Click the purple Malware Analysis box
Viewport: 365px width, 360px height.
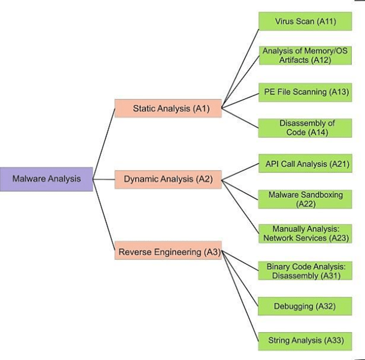pos(46,179)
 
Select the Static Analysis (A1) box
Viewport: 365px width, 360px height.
pos(168,108)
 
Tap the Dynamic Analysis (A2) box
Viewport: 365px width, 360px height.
pos(168,179)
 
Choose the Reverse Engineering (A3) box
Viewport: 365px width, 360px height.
pos(168,252)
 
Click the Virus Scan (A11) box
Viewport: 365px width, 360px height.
pos(305,21)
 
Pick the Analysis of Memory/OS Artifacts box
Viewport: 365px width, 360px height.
pos(305,56)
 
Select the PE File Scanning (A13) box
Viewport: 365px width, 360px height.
pos(305,92)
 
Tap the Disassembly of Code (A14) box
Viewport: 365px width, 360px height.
pos(305,128)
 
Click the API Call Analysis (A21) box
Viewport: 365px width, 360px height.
pos(305,164)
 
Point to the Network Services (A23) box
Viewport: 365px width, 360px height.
pos(305,234)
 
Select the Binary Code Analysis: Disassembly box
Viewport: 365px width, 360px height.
pos(305,271)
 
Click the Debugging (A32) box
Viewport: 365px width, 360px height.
pos(305,306)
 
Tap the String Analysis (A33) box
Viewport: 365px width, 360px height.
pos(305,341)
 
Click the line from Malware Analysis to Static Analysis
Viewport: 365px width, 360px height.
pos(104,143)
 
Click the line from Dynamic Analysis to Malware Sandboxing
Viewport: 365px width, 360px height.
pos(240,190)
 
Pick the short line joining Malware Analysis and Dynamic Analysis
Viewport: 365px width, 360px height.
pos(104,179)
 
